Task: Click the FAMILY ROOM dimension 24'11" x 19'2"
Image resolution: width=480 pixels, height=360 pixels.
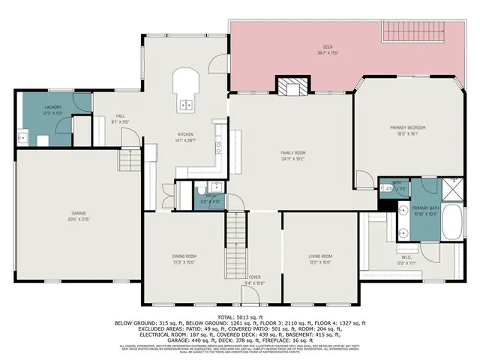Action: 293,158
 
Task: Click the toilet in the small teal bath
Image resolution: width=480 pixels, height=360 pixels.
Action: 202,188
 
